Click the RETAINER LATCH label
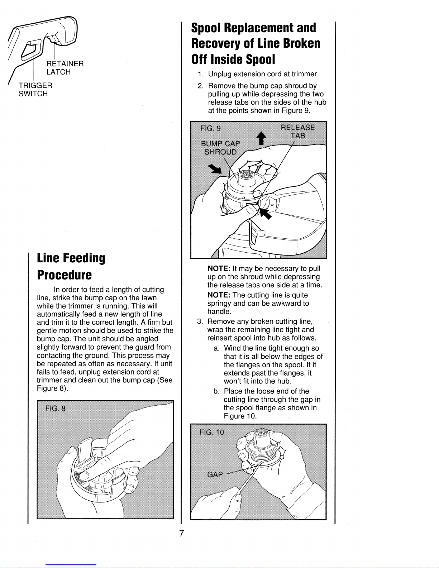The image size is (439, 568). [65, 68]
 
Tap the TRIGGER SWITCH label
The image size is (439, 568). [35, 89]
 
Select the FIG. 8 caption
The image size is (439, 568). [56, 408]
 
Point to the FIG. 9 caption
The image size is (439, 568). [210, 128]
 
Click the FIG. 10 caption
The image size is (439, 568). [212, 432]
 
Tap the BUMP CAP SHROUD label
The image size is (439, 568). [220, 148]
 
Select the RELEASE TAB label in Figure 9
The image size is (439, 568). [298, 132]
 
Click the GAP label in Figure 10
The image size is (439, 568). [215, 474]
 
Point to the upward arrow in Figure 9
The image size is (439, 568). [261, 138]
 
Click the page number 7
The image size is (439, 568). [182, 533]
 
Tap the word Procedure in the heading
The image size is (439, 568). [64, 275]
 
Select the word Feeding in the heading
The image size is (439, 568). [84, 258]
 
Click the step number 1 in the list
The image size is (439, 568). [201, 74]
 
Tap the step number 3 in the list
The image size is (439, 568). [200, 321]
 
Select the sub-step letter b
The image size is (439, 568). [216, 391]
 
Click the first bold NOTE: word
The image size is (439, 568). [219, 268]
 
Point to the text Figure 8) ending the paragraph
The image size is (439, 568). [52, 388]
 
